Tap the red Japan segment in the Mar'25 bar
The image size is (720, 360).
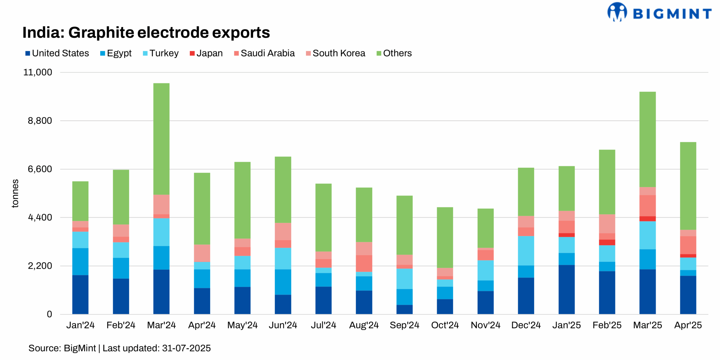(x=647, y=219)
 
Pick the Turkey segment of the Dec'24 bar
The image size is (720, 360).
(x=526, y=251)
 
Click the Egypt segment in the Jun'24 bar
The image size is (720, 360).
(x=283, y=282)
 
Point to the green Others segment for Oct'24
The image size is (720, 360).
(x=445, y=237)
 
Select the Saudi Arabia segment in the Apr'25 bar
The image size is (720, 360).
(x=688, y=245)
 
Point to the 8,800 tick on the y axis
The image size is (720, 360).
(x=40, y=121)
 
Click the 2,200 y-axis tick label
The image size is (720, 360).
(x=40, y=266)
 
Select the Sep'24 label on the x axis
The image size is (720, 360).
(x=404, y=325)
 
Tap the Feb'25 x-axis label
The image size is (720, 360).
(x=607, y=325)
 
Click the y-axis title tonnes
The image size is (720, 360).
(x=15, y=193)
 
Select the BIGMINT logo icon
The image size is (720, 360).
(x=617, y=12)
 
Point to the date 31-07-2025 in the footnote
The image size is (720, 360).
(x=186, y=348)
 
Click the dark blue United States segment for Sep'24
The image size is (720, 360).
(x=404, y=309)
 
